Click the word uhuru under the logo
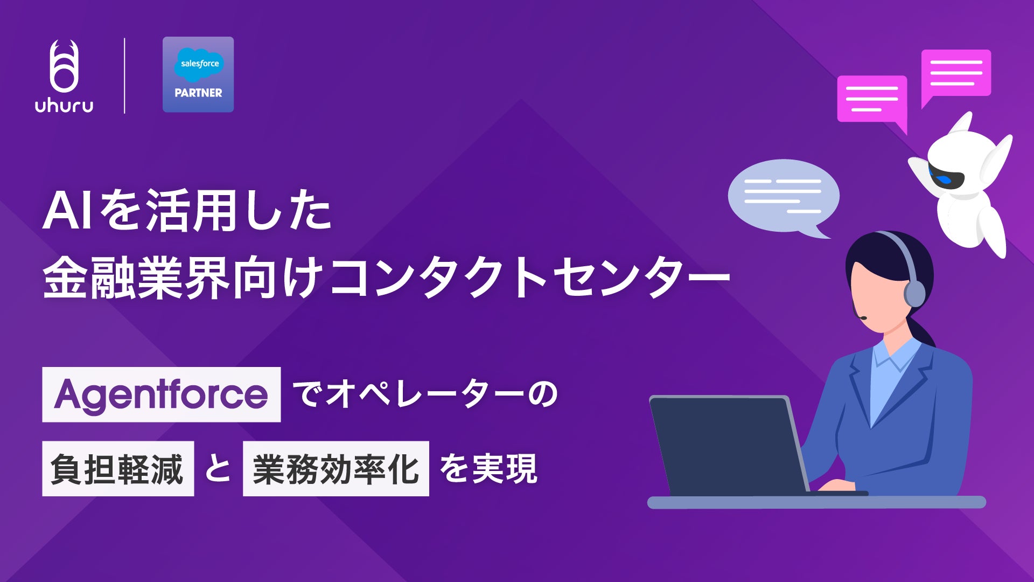tap(64, 105)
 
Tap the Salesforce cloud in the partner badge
tap(199, 64)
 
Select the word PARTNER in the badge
tap(198, 93)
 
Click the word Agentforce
tap(161, 394)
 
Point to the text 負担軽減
tap(117, 469)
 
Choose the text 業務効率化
tap(336, 469)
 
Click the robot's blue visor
tap(946, 178)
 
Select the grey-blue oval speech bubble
tap(783, 196)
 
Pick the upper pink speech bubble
tap(956, 73)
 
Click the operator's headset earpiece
tap(914, 294)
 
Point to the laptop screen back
tap(727, 445)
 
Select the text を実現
tap(488, 469)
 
